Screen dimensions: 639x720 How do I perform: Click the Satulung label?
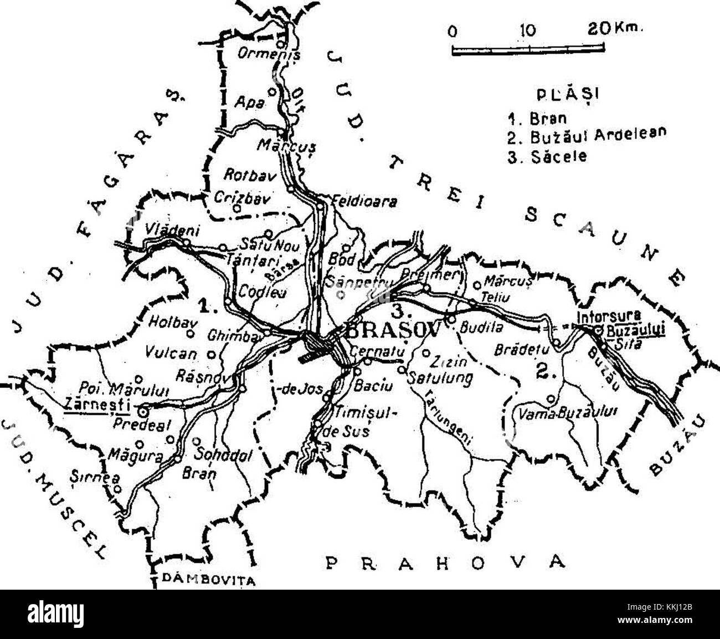pyautogui.click(x=439, y=379)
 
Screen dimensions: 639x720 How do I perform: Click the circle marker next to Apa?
pyautogui.click(x=272, y=92)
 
